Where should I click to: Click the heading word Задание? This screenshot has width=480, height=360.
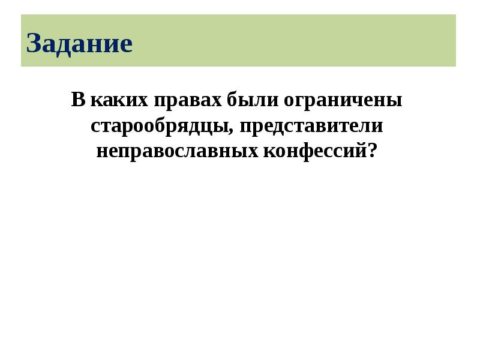tap(79, 44)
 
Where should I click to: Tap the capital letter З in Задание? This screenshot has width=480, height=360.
tap(34, 44)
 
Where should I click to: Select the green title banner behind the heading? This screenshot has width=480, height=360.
tap(300, 40)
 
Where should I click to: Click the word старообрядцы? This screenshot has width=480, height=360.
tap(158, 126)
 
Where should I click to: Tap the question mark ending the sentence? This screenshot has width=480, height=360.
tap(376, 150)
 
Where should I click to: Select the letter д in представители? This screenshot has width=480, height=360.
tap(281, 127)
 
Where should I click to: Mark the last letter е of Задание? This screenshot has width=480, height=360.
tap(125, 46)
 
